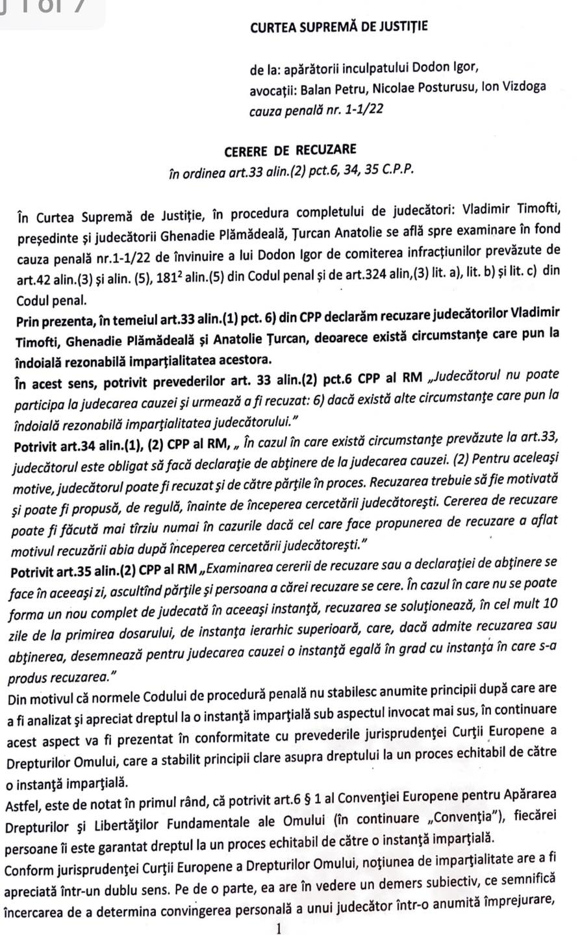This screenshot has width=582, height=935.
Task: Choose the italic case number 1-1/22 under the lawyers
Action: pyautogui.click(x=362, y=110)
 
